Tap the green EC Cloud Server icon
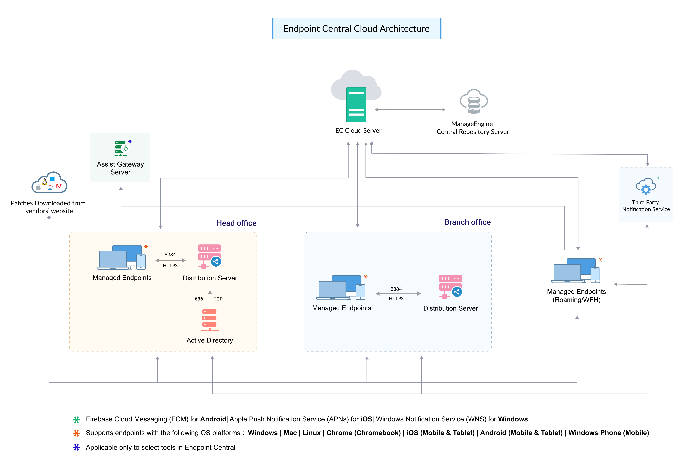(356, 105)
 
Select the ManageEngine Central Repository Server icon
(474, 101)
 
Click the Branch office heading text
(467, 222)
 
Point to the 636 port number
(199, 299)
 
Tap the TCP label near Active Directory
(218, 299)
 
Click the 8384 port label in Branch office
(396, 289)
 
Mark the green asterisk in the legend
(77, 419)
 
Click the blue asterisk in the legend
(77, 447)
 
